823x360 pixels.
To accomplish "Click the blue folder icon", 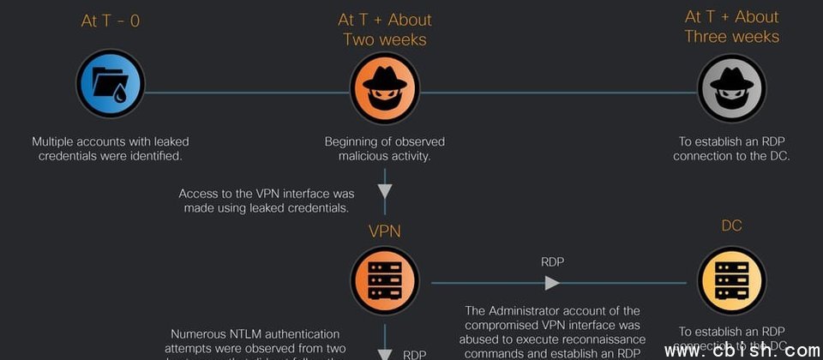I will [111, 83].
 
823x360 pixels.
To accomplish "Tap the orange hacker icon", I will [385, 83].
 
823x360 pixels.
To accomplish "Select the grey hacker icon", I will [731, 85].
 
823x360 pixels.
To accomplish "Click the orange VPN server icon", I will [385, 280].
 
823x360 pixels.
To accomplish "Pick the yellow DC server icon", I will [731, 280].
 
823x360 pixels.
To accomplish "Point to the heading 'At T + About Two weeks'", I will [385, 29].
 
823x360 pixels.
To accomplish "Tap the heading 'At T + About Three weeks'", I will [731, 27].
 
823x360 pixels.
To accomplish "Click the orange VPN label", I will [385, 232].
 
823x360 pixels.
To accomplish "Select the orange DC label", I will [731, 225].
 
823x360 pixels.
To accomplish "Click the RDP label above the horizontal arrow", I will [552, 261].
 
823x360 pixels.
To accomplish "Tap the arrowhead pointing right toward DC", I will [552, 282].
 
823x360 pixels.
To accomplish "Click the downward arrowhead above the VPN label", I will [385, 190].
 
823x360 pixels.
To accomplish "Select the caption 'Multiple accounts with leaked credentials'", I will [111, 141].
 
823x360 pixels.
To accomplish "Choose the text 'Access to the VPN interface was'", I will [266, 194].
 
